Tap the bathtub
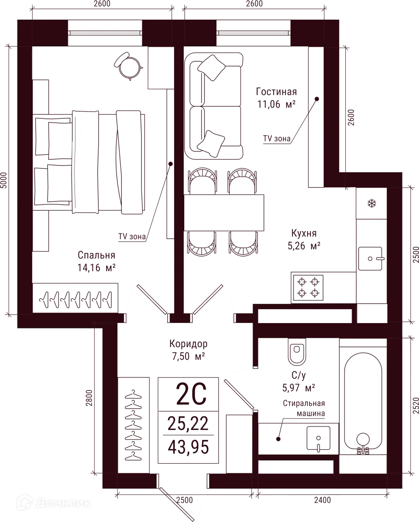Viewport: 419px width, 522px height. coord(363,402)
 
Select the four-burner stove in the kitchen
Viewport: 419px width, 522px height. coord(308,287)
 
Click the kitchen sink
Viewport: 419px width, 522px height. coord(370,258)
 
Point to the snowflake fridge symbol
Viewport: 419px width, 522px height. coord(370,204)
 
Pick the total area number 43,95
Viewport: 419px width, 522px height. coord(189,446)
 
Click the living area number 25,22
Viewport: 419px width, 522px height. coord(188,423)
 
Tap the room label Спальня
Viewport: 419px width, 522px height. coord(97,256)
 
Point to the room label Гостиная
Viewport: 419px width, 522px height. coord(277,92)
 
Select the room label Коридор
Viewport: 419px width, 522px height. coord(188,344)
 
